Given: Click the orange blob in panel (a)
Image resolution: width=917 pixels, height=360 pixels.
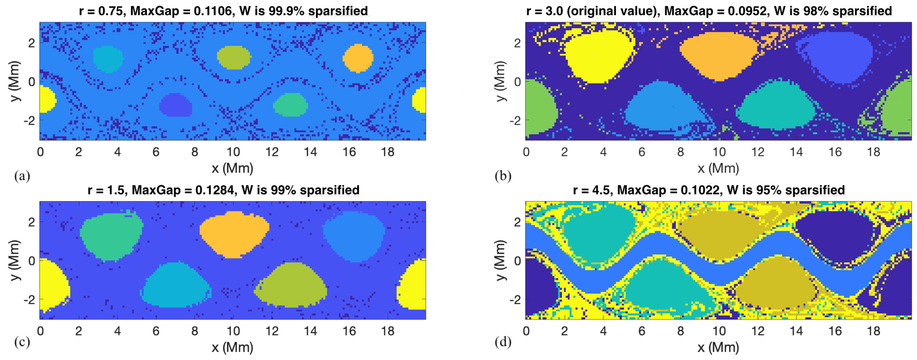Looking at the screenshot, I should point(358,58).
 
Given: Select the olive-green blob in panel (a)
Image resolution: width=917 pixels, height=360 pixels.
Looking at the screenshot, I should point(234,57).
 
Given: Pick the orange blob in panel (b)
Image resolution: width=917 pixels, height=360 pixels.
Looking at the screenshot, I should point(719,55).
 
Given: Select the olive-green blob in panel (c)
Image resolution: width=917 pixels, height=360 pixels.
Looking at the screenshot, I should point(291,285).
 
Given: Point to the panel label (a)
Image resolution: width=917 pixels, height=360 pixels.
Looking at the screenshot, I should point(22,176).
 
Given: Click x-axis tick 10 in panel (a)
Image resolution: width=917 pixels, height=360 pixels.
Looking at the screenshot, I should point(233,152).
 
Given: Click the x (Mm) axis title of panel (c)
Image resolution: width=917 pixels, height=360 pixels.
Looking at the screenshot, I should point(233,347).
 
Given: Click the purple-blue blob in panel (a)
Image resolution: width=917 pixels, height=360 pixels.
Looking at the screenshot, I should point(175,105).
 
